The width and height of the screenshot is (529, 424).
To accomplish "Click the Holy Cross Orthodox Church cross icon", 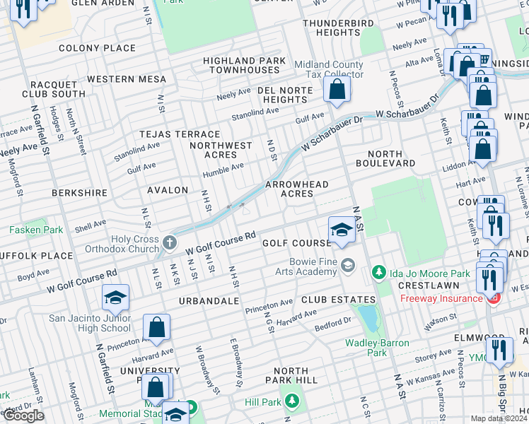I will click(169, 243).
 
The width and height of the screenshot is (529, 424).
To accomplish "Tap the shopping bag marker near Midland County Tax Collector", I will click(337, 90).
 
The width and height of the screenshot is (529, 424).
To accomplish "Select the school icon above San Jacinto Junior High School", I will click(115, 298).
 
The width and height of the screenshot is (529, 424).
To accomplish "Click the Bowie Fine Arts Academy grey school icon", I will click(347, 265).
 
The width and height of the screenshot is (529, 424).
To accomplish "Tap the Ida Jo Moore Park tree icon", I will click(379, 272).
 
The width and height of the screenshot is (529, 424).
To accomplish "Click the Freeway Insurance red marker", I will click(494, 298).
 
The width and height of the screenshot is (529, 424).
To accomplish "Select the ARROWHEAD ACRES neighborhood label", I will click(296, 189).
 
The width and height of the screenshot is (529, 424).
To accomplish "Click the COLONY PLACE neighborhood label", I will click(97, 48).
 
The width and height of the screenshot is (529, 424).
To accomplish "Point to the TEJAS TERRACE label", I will click(180, 134).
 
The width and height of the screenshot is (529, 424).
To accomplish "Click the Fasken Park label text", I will click(35, 230).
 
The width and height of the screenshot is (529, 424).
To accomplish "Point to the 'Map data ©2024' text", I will click(499, 418).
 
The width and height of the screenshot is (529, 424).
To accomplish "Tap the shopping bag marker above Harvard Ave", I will click(156, 328).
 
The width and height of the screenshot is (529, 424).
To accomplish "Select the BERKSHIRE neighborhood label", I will click(79, 192).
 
